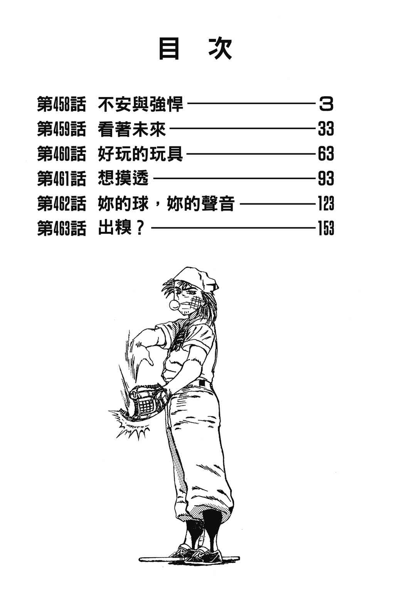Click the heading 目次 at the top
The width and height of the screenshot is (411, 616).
195,49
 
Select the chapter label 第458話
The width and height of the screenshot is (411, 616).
61,104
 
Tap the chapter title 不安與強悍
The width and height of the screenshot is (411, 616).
140,104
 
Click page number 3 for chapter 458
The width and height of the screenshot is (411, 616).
326,104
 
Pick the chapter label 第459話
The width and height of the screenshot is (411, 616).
61,129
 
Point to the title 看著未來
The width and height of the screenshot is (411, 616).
132,129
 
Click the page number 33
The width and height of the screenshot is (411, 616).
326,129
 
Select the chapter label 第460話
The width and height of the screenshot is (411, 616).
61,154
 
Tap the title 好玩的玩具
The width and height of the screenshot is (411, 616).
140,154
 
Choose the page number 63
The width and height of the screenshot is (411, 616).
326,154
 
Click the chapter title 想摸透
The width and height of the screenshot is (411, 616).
123,179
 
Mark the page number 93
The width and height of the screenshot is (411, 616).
326,179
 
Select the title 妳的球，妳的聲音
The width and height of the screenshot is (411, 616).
166,204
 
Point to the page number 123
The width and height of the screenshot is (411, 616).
326,204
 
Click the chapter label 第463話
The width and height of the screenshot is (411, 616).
61,228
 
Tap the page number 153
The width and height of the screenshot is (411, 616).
326,228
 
